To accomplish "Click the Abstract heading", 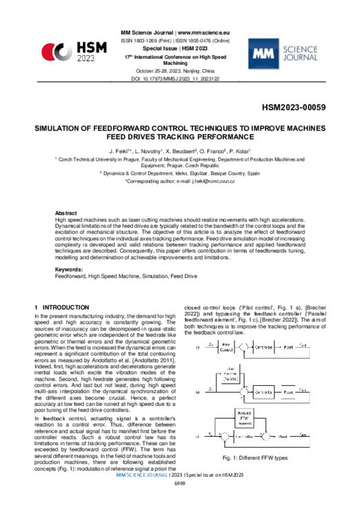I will coord(67,213).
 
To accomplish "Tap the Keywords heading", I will coord(69,268).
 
